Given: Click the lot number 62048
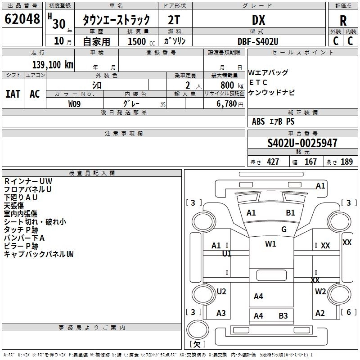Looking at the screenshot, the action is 22,19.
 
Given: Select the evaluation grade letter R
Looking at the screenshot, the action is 343,20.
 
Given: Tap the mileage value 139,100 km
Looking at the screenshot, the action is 53,64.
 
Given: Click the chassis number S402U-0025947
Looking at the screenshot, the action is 302,143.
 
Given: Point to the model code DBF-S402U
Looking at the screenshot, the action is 258,41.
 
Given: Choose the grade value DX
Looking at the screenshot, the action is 258,20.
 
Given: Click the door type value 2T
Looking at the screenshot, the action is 174,20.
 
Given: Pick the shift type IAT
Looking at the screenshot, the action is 13,94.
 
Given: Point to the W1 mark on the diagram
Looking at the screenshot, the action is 270,244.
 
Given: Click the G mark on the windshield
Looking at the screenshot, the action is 284,229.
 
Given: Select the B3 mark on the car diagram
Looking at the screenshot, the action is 283,315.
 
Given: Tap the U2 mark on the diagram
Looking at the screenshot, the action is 221,292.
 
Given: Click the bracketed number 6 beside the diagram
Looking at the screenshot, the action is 348,312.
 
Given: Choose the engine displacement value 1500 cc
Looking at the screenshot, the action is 138,41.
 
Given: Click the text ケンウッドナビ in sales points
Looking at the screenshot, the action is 271,93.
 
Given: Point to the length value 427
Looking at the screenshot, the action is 273,162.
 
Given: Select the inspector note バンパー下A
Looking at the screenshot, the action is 24,238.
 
